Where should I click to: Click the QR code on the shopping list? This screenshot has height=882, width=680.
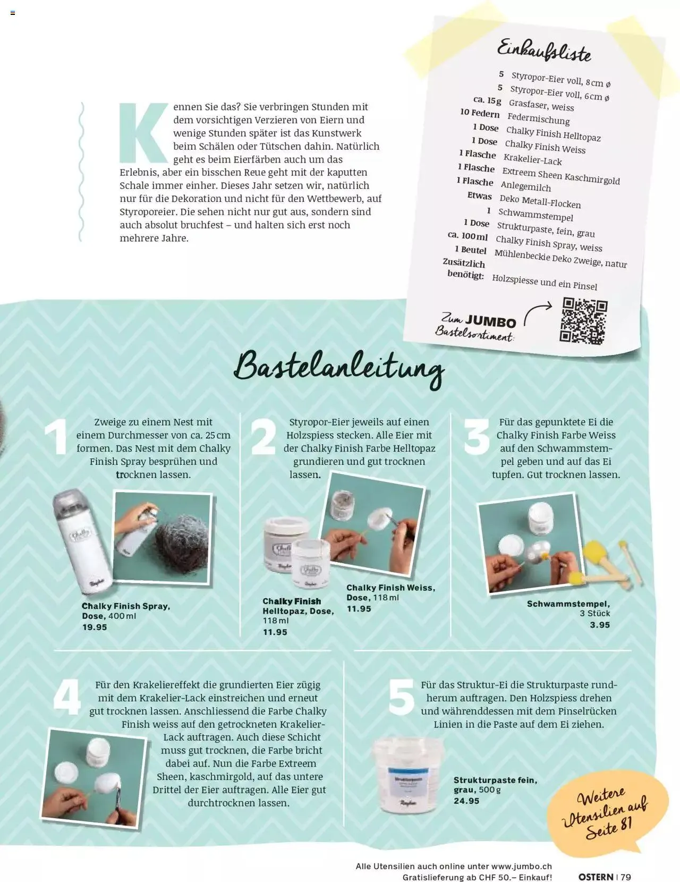[x=583, y=321]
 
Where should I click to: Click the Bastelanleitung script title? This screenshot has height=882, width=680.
[x=339, y=368]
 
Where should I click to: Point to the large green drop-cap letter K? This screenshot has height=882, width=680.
[x=144, y=133]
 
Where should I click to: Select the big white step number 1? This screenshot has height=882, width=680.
[x=56, y=437]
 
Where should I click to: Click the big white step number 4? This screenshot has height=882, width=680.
[x=67, y=698]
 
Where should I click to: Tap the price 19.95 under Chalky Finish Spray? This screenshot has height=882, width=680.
[x=95, y=627]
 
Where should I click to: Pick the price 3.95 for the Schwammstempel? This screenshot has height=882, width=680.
[x=600, y=625]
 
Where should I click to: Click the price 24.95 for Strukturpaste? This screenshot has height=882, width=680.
[x=466, y=801]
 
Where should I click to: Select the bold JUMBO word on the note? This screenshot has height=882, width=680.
[x=490, y=322]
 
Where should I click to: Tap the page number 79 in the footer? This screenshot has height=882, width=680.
[x=625, y=874]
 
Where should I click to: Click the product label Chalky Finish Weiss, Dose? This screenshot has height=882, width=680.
[x=390, y=592]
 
